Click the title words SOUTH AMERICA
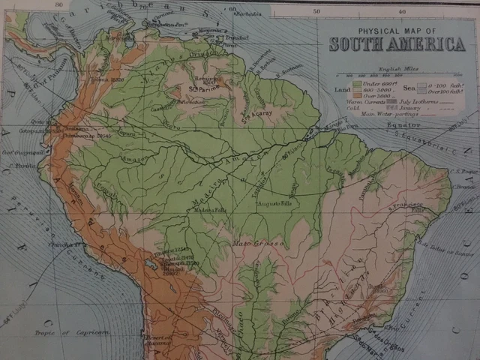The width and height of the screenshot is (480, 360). (x=397, y=44)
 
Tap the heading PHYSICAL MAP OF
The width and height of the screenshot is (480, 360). (x=396, y=31)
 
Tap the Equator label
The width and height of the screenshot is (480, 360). (x=402, y=124)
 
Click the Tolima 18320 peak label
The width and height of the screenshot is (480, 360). (x=102, y=78)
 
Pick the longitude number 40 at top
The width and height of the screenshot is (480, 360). (x=402, y=11)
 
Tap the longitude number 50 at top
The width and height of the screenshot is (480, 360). (x=316, y=11)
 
